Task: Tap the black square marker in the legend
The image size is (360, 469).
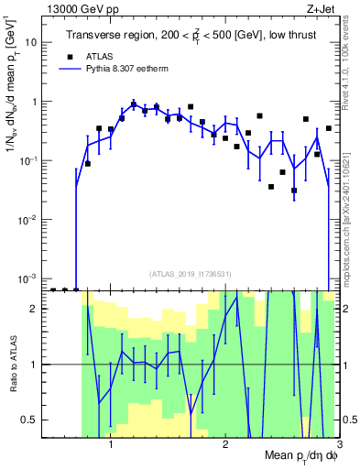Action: point(67,56)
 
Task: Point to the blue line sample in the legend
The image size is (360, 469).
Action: point(67,70)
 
